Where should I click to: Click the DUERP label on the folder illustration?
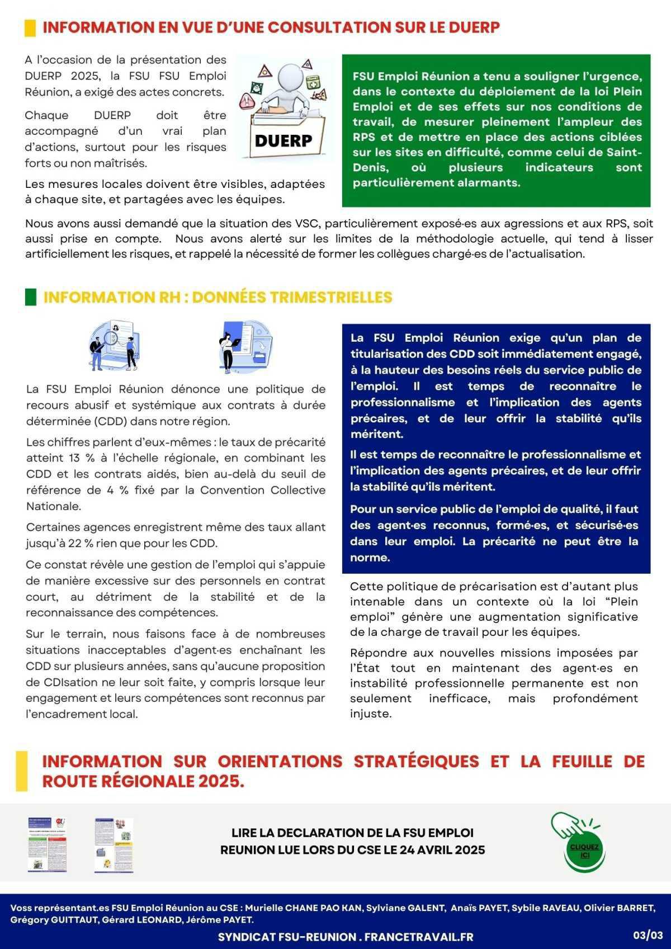point(283,141)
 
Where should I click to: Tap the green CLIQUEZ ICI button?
point(584,851)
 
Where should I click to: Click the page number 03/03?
point(648,934)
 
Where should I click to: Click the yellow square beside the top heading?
point(30,28)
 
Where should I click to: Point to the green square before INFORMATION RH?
point(31,297)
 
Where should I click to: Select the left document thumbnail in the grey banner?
point(48,844)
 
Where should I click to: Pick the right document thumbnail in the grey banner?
point(114,844)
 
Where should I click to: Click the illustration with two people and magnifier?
point(114,346)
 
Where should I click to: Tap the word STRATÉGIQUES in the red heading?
point(417,761)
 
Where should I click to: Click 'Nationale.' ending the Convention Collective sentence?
point(54,506)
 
